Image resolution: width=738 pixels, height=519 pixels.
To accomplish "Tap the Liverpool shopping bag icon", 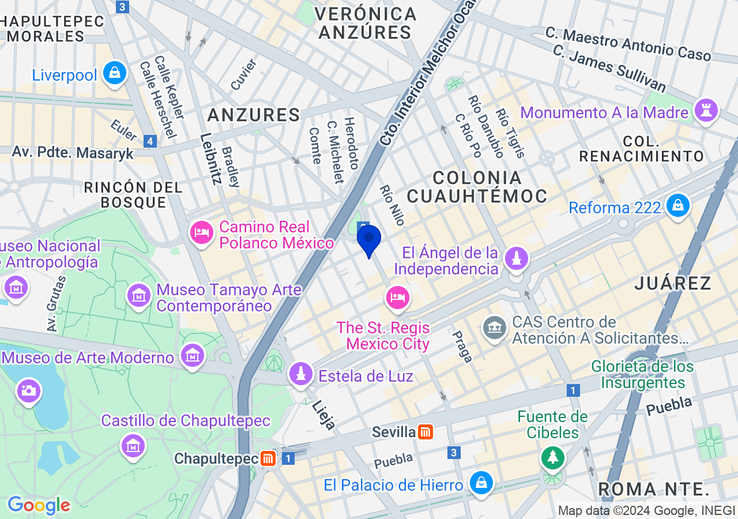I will click(115, 73).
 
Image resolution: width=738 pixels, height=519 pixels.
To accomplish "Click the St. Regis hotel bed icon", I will click(397, 298).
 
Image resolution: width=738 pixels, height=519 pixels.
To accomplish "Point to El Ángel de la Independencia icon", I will click(517, 259).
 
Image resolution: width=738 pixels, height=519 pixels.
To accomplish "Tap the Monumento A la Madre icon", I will click(706, 110).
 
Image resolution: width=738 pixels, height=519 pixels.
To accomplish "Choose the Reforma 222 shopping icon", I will click(677, 205).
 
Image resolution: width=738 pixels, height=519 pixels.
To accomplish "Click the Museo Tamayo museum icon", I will click(139, 296).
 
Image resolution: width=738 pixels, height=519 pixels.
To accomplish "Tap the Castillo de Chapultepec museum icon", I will click(133, 445).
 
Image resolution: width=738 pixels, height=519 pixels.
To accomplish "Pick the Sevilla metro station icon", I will click(426, 431).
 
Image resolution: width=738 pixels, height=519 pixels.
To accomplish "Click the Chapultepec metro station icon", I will click(268, 458).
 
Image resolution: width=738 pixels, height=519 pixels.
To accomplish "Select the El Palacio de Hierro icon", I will click(480, 483).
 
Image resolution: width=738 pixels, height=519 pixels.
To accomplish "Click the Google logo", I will click(39, 506).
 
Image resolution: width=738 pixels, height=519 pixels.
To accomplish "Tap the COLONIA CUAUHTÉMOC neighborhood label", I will click(477, 186).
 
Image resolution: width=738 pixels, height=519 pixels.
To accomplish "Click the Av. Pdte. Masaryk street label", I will click(73, 153).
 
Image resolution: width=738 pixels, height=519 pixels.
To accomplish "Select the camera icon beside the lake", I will click(28, 390).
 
